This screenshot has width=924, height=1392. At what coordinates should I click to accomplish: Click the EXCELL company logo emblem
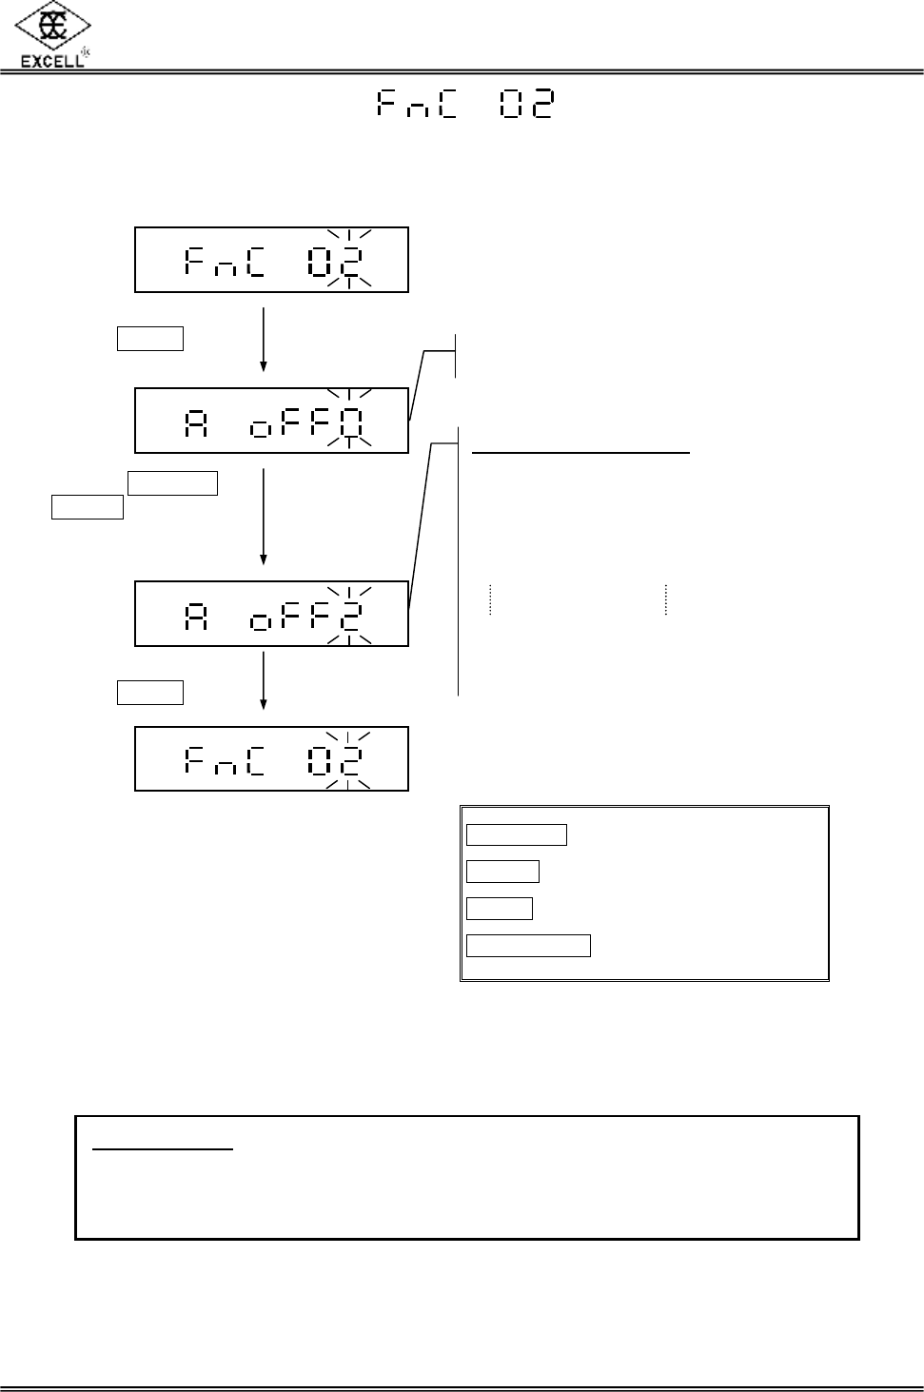(x=53, y=26)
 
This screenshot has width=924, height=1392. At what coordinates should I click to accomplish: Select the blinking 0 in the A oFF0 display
(x=350, y=420)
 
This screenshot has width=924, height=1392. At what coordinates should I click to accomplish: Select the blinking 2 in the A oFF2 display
(x=350, y=614)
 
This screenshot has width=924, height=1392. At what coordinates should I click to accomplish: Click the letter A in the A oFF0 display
(x=196, y=422)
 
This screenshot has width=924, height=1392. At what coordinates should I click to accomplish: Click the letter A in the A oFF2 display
(x=196, y=615)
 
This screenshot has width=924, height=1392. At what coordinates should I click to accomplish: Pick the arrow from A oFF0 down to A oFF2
(x=263, y=516)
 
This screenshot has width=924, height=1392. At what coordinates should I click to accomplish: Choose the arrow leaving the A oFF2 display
(x=263, y=681)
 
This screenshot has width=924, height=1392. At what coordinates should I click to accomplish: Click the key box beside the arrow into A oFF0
(x=150, y=339)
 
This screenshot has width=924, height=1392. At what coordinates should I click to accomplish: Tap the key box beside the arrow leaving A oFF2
(x=150, y=692)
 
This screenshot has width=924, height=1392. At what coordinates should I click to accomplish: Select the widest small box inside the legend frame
(x=528, y=945)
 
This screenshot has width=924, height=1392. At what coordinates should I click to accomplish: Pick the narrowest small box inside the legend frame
(x=500, y=909)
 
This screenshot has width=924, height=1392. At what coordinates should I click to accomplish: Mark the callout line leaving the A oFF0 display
(x=418, y=383)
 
